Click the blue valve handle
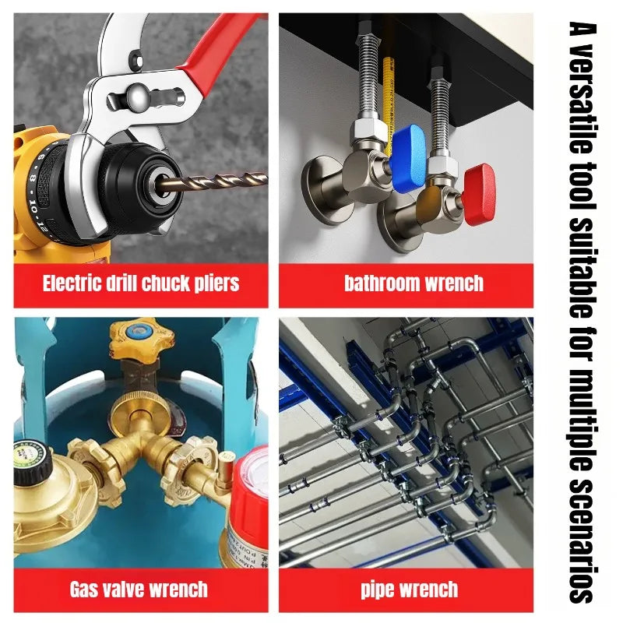coord(407,158)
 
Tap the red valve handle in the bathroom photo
coord(480,194)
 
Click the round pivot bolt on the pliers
coord(139,97)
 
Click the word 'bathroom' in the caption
coord(382,283)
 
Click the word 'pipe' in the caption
coord(378,590)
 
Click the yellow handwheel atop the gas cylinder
coord(142,339)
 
